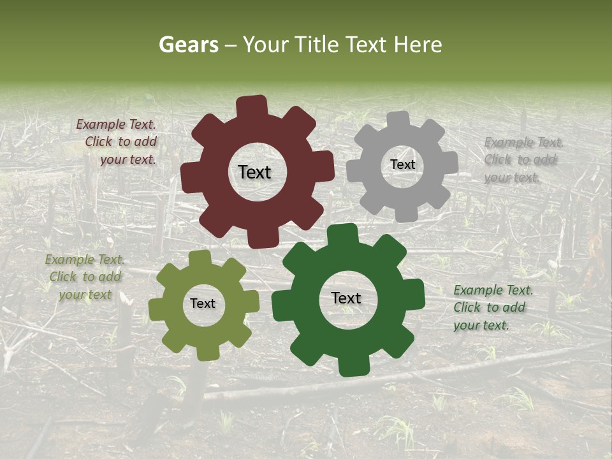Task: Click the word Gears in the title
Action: (x=189, y=45)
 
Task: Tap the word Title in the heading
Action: (x=317, y=45)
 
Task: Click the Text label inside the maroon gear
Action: (x=254, y=172)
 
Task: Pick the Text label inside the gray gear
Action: (x=402, y=164)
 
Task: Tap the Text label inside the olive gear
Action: (x=203, y=303)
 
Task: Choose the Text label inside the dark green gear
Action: (x=346, y=298)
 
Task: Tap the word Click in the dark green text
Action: (x=468, y=307)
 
